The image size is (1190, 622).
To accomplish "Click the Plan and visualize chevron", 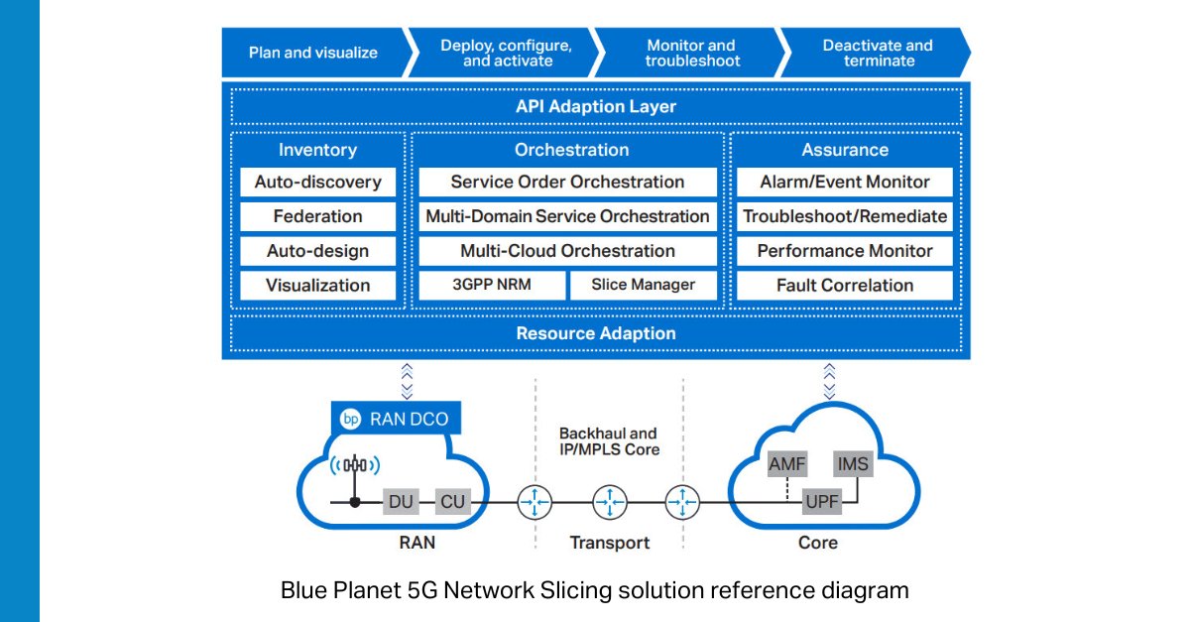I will pyautogui.click(x=312, y=53).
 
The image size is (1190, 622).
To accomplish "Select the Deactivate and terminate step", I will pyautogui.click(x=877, y=53).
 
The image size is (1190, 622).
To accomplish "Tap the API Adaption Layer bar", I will pyautogui.click(x=596, y=106).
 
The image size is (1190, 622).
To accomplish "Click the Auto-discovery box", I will pyautogui.click(x=317, y=183).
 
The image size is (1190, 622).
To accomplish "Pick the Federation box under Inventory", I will pyautogui.click(x=317, y=216).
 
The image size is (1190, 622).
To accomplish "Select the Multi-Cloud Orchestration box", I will pyautogui.click(x=567, y=251).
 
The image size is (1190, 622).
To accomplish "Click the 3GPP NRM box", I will pyautogui.click(x=492, y=285).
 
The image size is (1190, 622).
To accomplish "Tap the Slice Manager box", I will pyautogui.click(x=643, y=285).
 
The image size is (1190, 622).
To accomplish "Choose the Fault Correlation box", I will pyautogui.click(x=844, y=285).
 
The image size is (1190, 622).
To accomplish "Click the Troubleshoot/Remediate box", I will pyautogui.click(x=844, y=216).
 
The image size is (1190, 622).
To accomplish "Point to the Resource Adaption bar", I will pyautogui.click(x=596, y=333).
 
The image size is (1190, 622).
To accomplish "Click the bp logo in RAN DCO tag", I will pyautogui.click(x=350, y=419).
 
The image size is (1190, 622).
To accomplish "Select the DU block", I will pyautogui.click(x=402, y=502).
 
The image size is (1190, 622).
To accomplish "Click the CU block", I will pyautogui.click(x=451, y=502).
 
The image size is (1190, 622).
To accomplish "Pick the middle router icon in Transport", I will pyautogui.click(x=609, y=503).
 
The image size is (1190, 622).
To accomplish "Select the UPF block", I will pyautogui.click(x=821, y=502).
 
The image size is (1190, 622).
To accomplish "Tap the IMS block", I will pyautogui.click(x=853, y=464).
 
